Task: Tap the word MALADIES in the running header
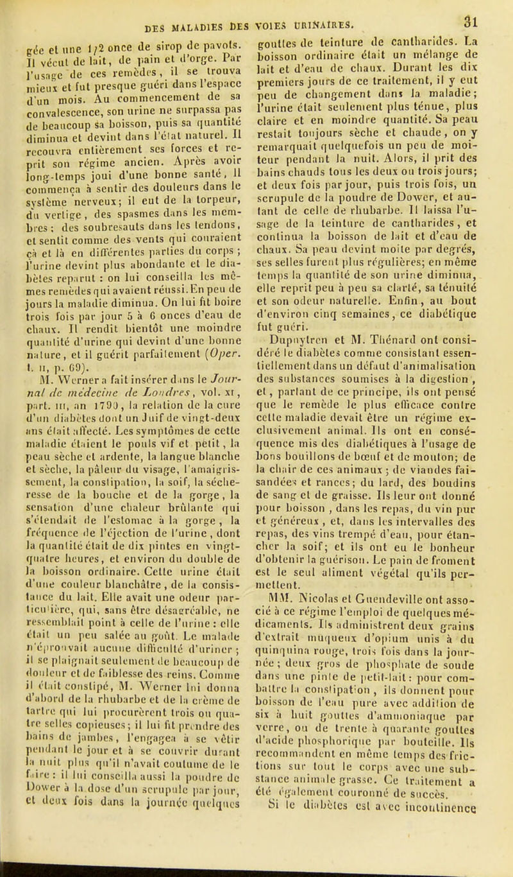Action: [x=189, y=15]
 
